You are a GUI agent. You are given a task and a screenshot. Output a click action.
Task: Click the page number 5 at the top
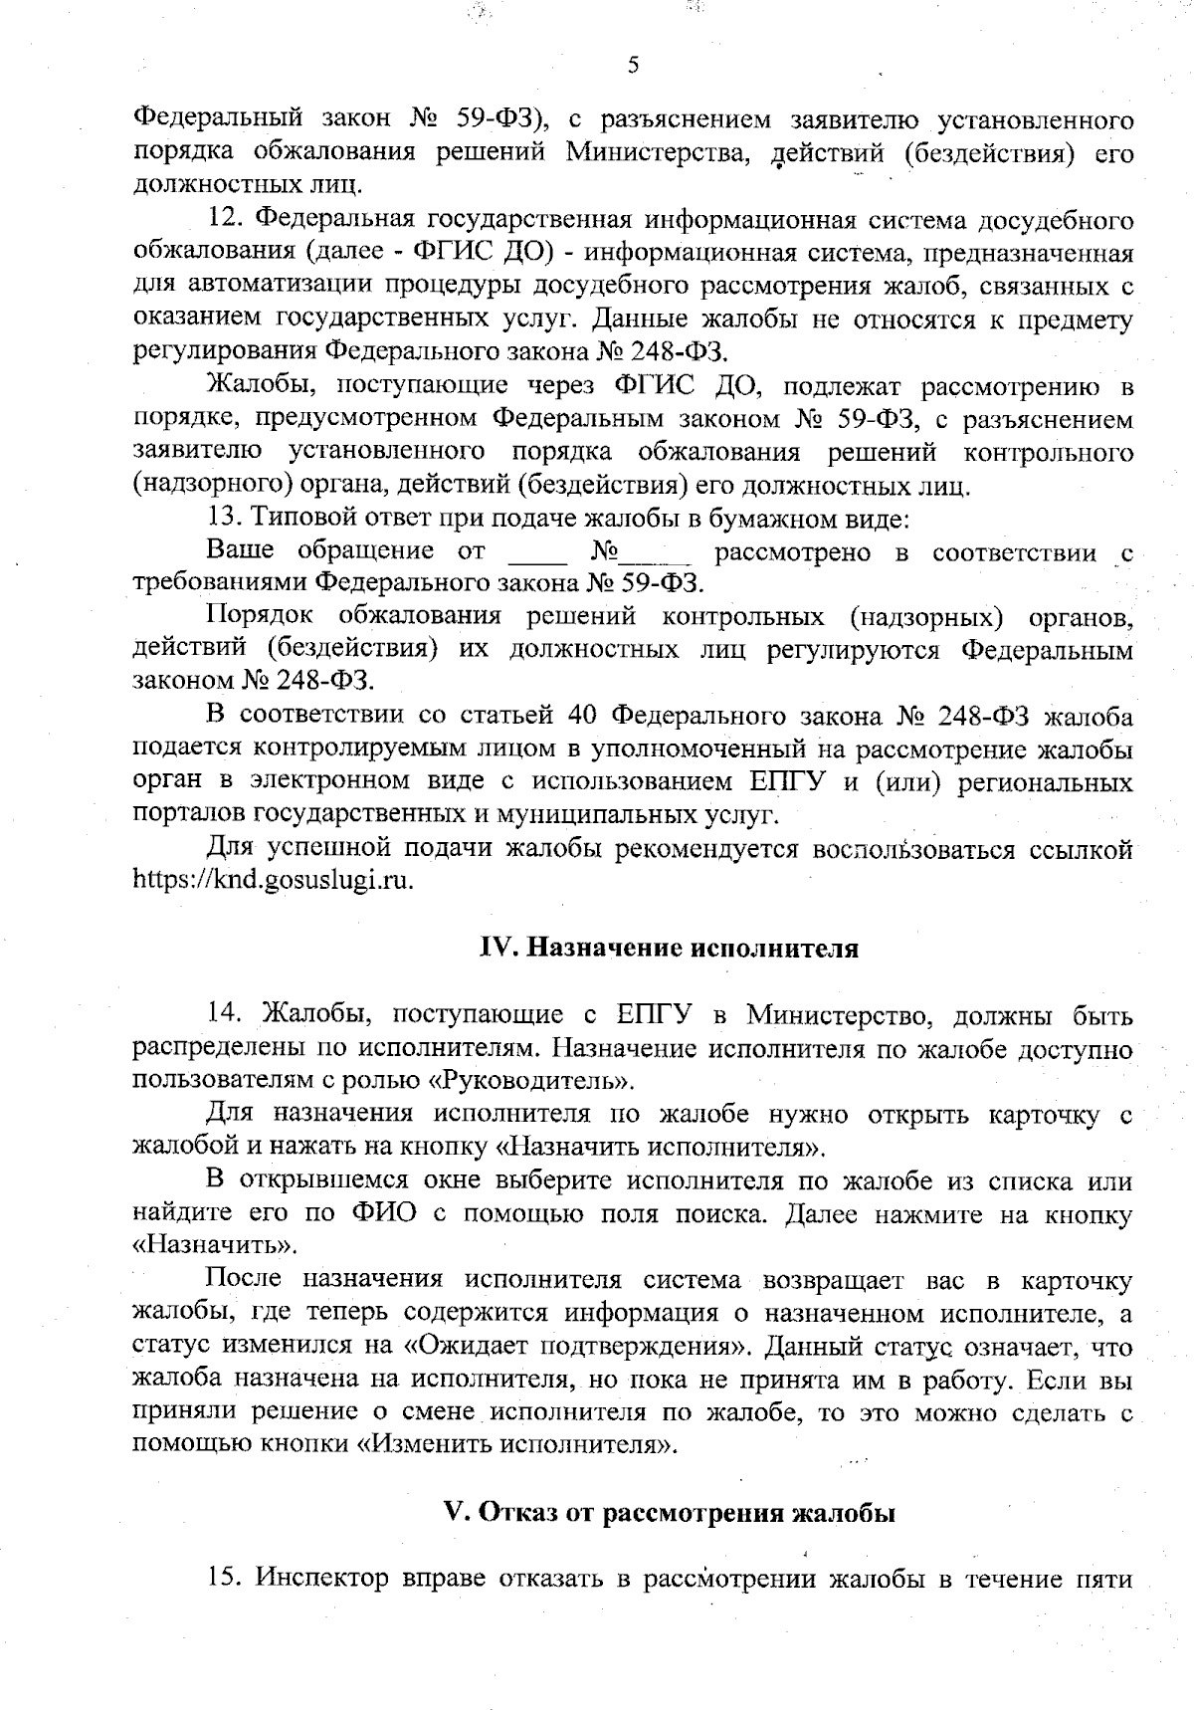pos(634,67)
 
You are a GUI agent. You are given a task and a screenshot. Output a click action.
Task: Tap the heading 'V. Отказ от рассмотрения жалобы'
pos(669,1513)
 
